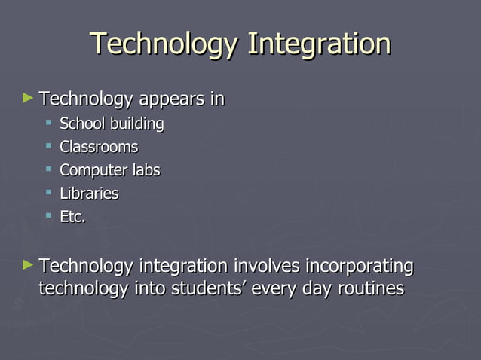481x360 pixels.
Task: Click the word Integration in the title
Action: pos(319,44)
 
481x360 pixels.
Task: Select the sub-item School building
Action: pos(112,123)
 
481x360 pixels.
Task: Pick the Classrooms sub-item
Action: pos(99,146)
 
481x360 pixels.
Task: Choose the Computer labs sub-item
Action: pos(109,170)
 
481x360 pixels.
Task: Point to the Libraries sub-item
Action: pos(89,194)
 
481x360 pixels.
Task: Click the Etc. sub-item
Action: pos(72,217)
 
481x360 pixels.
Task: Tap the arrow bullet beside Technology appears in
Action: pos(28,98)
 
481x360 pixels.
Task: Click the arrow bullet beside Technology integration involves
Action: pos(28,264)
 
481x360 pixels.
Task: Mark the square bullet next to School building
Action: pos(48,122)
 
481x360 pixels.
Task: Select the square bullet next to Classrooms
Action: pos(48,145)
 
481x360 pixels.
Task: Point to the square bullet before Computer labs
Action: pos(48,169)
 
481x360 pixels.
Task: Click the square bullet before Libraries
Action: pos(48,193)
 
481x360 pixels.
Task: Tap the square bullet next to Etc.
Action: pos(48,216)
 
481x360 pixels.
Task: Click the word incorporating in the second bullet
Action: pos(360,267)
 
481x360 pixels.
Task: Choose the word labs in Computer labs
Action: pos(145,170)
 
